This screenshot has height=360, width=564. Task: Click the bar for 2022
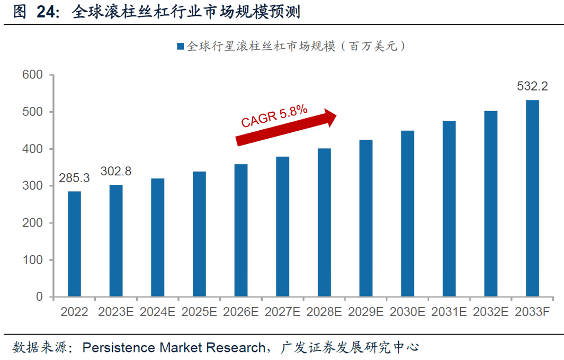(x=74, y=244)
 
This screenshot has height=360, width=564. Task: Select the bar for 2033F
(x=532, y=199)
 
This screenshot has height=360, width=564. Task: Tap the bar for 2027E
(x=283, y=227)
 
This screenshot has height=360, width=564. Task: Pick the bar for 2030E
(x=407, y=214)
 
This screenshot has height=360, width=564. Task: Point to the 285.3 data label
(x=75, y=178)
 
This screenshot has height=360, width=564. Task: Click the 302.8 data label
(x=116, y=172)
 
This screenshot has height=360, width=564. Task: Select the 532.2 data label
(x=532, y=86)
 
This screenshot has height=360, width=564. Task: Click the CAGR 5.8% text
(x=274, y=115)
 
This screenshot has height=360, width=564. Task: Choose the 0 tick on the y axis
(x=39, y=297)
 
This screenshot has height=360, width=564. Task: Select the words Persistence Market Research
(x=174, y=347)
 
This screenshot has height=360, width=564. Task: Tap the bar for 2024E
(x=158, y=238)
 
